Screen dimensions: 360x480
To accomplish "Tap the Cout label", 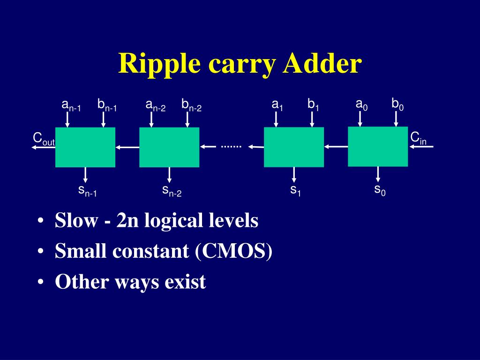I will (43, 139).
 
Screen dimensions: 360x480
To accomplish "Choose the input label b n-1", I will (107, 105).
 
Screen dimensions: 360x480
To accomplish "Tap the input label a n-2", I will (156, 105).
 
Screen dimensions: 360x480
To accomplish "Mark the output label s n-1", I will (87, 191).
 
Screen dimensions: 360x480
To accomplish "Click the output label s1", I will (295, 191).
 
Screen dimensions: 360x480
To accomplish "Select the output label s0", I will (379, 190).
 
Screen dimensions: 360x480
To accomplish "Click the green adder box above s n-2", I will (169, 147).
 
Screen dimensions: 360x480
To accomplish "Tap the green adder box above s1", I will (294, 147).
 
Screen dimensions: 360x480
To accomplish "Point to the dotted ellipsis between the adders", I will (231, 147).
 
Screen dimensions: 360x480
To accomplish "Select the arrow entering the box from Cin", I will (421, 147).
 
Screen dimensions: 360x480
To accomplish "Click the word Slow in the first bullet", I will (75, 220).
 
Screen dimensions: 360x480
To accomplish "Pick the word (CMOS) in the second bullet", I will (232, 252).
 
